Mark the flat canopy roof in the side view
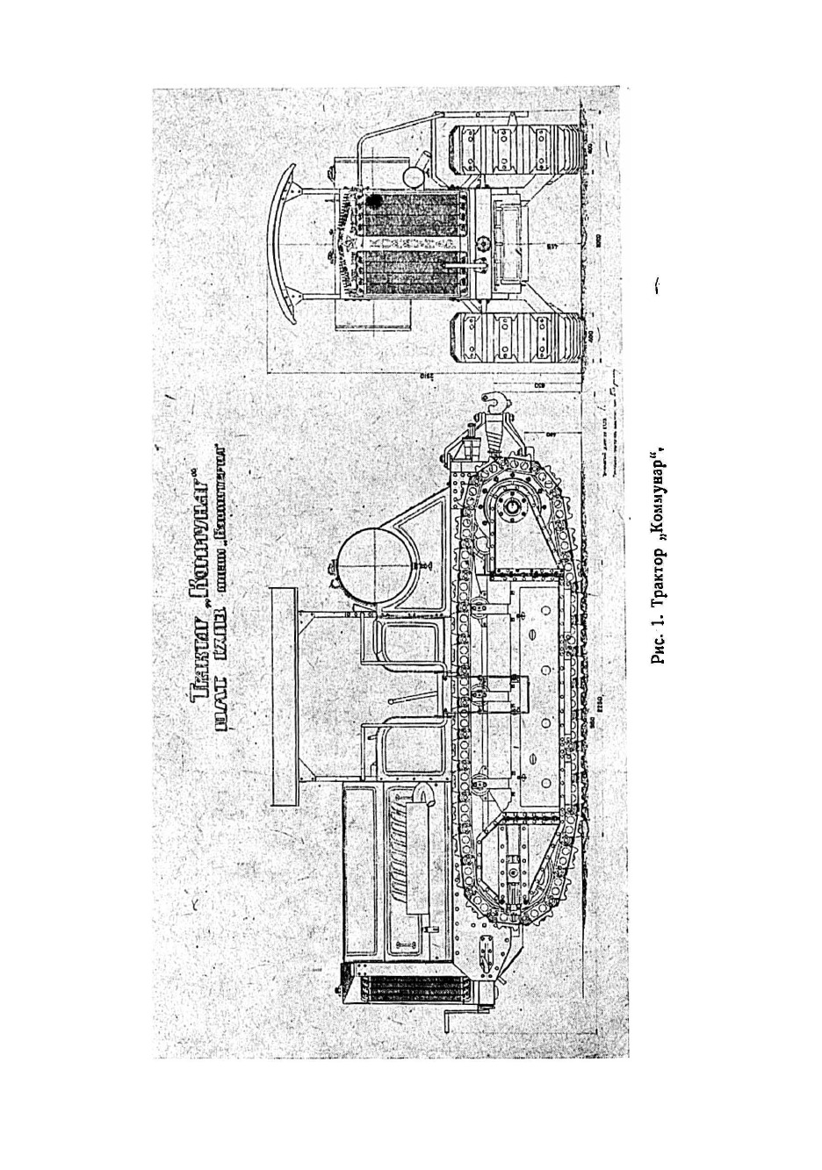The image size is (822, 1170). pos(285,697)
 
